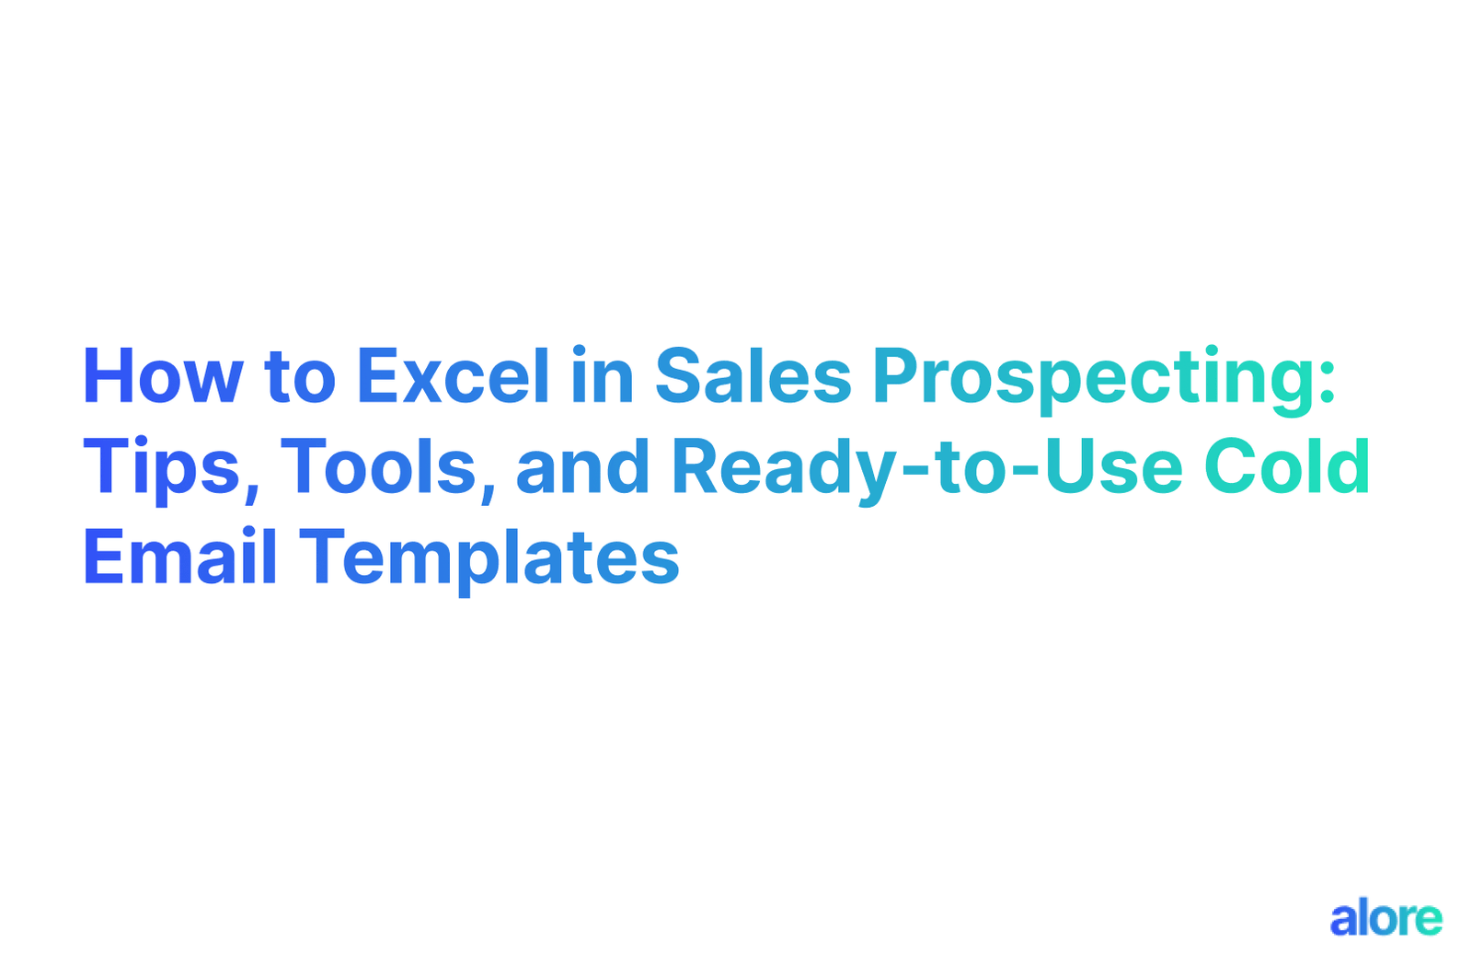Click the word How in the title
[x=163, y=377]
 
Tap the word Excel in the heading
[x=453, y=377]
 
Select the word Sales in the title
[x=753, y=377]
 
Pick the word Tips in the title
[x=161, y=468]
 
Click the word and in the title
[x=582, y=467]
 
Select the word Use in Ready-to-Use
[x=1113, y=467]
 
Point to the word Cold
[x=1287, y=467]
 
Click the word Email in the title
[x=180, y=557]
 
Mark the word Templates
[x=489, y=559]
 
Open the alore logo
[x=1386, y=918]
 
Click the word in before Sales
[x=603, y=377]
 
